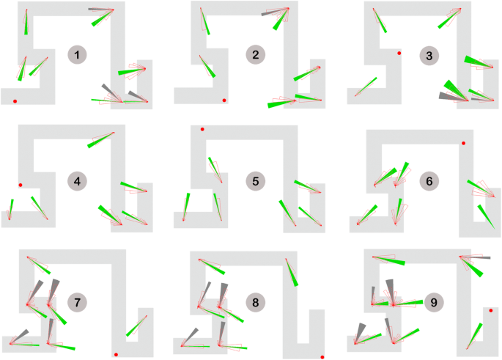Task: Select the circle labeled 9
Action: click(x=433, y=301)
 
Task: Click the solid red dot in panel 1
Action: click(x=15, y=100)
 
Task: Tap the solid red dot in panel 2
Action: click(x=224, y=100)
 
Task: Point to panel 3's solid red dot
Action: click(x=399, y=54)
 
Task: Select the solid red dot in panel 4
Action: click(x=21, y=185)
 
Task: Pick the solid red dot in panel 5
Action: click(x=202, y=129)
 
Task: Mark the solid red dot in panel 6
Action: click(x=463, y=143)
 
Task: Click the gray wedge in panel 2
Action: click(x=272, y=12)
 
